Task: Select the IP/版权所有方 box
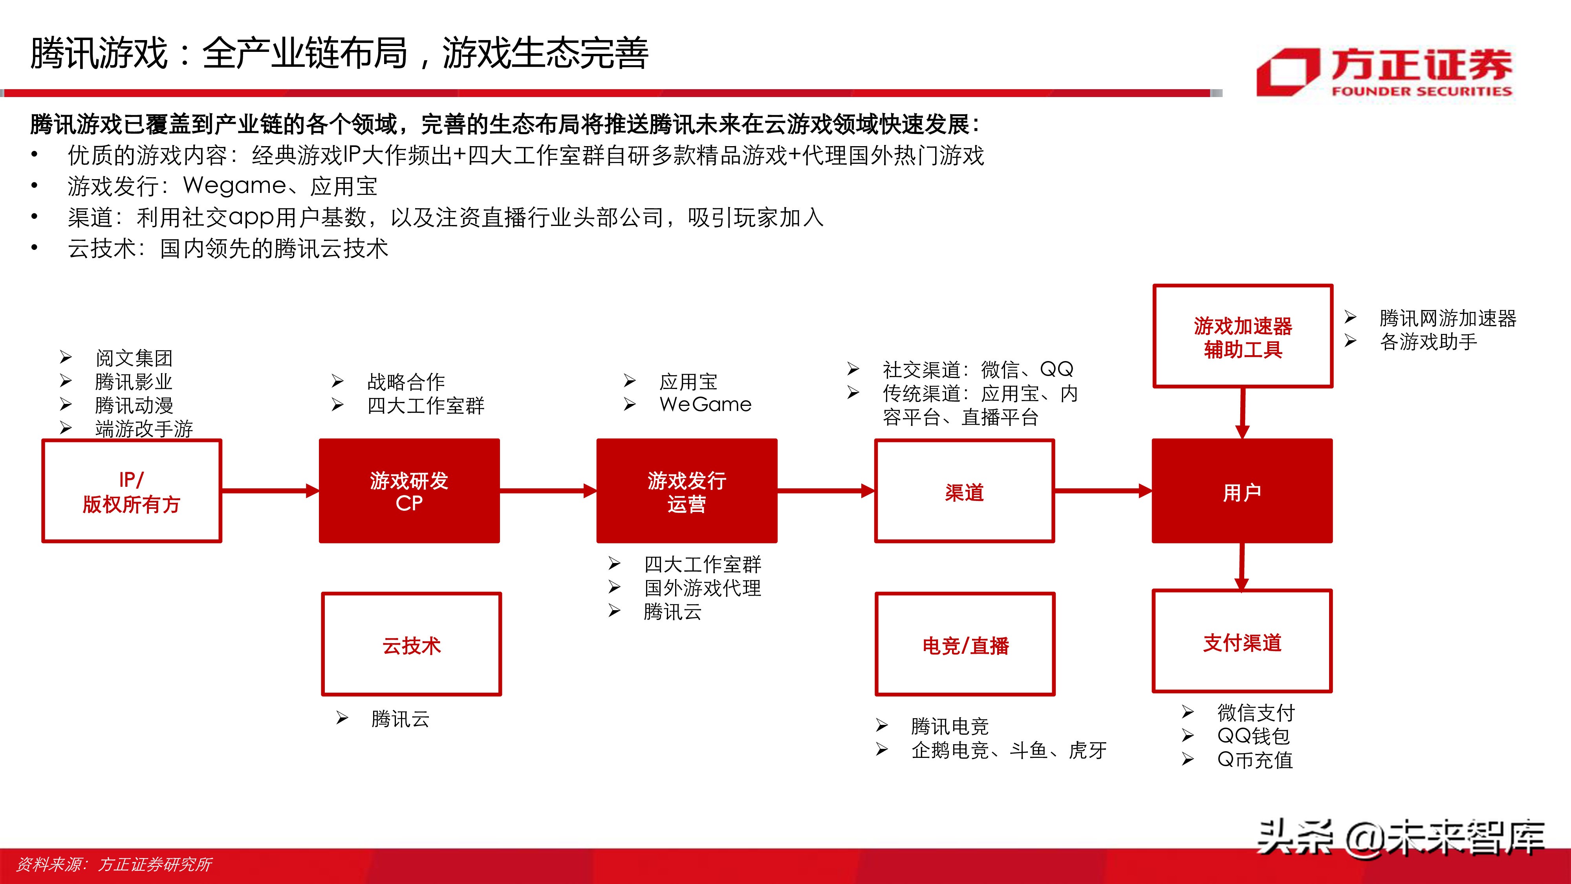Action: [x=131, y=491]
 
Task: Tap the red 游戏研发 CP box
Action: [x=409, y=491]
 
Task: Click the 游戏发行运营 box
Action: [x=687, y=491]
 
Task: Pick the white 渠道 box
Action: [x=964, y=491]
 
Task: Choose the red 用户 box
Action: [x=1241, y=491]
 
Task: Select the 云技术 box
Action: [x=411, y=644]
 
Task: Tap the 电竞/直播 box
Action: [x=965, y=644]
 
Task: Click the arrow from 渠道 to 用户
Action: [x=1102, y=490]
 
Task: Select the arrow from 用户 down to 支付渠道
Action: [x=1241, y=566]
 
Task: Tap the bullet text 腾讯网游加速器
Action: [x=1447, y=318]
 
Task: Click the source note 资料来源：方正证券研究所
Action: [x=114, y=864]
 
